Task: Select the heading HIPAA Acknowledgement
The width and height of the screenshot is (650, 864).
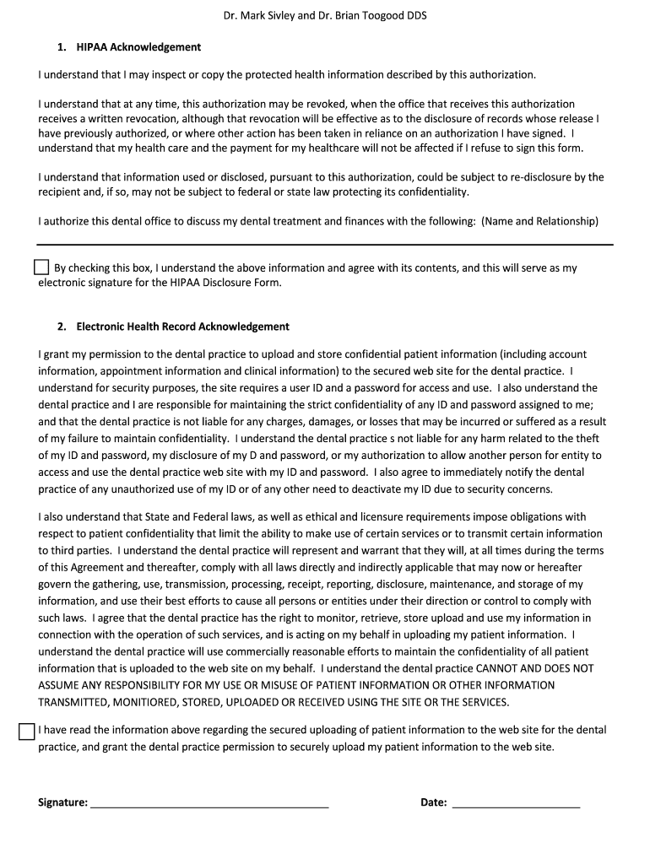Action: point(138,47)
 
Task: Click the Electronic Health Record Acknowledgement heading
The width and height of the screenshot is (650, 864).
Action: point(182,327)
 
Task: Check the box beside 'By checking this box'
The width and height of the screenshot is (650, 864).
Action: point(41,267)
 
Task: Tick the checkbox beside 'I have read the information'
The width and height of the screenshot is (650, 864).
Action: point(27,731)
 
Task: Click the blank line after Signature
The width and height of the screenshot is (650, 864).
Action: point(209,803)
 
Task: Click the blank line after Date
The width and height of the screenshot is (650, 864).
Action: point(516,803)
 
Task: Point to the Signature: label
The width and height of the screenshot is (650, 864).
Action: point(63,802)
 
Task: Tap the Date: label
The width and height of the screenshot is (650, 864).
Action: point(434,802)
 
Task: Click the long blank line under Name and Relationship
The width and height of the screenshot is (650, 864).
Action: point(325,245)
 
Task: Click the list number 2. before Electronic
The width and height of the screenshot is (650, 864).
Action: point(62,327)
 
